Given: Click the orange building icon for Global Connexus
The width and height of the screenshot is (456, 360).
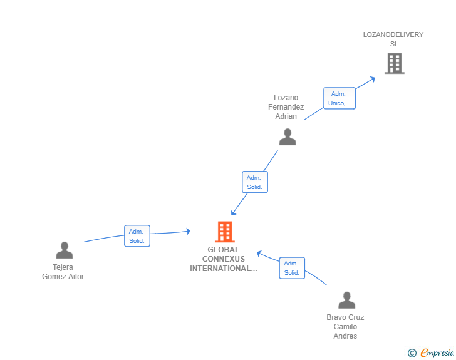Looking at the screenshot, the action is pos(225,232).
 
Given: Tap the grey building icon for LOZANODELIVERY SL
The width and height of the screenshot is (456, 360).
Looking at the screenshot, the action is pos(395,63).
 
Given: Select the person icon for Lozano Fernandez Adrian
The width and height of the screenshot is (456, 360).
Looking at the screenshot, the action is pos(288,136).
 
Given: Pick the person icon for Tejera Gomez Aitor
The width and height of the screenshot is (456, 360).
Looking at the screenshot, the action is pos(65,250).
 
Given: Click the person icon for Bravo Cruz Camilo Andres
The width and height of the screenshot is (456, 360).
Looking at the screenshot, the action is pos(346,300).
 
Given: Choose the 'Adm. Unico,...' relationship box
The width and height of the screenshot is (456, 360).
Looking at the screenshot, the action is pos(339,98).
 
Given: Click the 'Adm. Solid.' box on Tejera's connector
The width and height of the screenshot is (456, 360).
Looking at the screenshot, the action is pos(137,236).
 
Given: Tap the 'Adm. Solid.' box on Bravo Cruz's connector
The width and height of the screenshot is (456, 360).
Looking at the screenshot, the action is pos(292,268).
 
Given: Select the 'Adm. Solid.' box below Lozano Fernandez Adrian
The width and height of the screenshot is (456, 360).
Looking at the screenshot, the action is pos(255,182).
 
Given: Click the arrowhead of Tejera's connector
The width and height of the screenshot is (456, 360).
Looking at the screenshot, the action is pos(189,232).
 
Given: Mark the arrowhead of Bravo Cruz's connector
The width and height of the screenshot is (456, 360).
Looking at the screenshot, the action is pos(259,254).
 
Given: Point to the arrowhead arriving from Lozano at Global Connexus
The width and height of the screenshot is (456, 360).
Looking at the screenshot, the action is pos(232,213).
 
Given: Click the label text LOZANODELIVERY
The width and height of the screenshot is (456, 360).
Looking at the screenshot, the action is pos(393,34).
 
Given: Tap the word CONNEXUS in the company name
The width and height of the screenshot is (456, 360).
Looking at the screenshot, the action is pos(224,259).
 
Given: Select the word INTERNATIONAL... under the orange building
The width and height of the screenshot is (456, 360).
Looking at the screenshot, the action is pos(224,269).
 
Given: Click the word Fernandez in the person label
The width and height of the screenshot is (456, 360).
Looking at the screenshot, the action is pos(286,107).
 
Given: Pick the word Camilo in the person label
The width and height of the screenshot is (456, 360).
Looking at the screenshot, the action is pos(345,327).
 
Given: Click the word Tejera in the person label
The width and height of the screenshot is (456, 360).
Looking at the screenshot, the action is pos(63,267).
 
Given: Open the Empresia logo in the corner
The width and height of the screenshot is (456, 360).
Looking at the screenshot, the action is pos(431,352).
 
